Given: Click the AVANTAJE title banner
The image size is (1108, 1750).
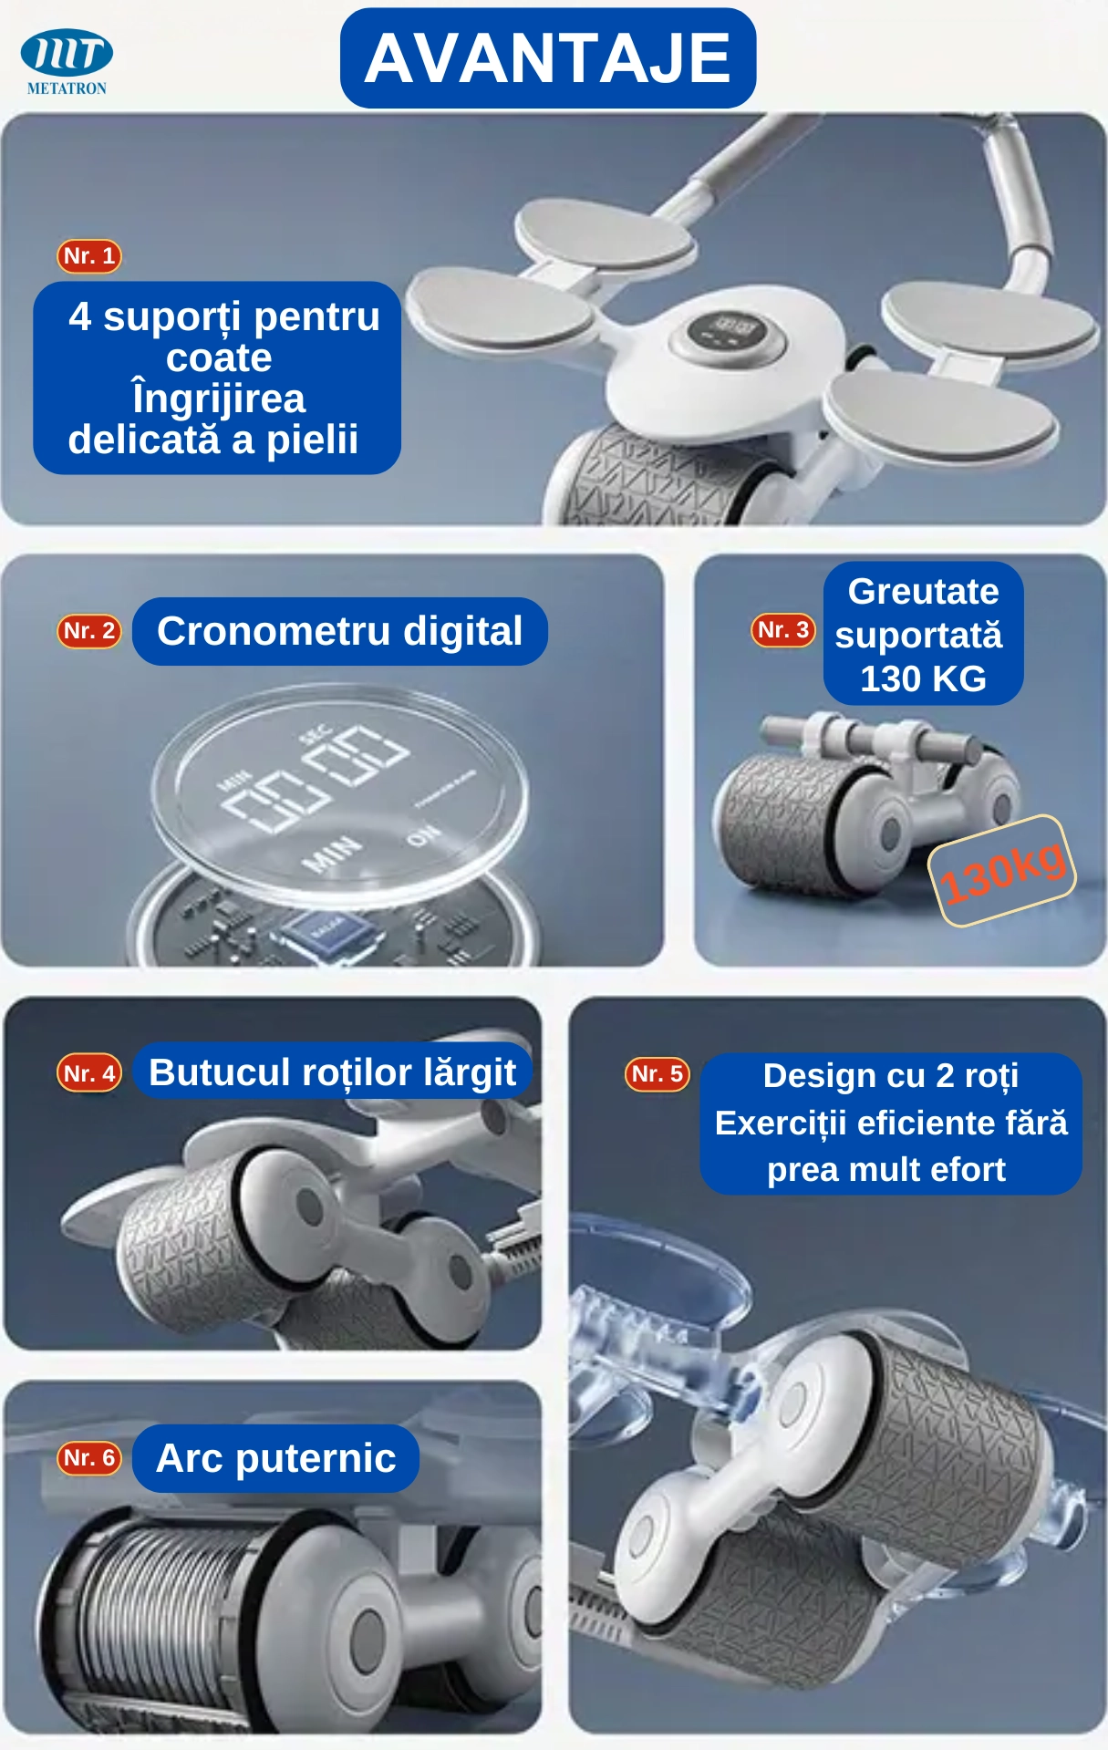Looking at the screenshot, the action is (x=548, y=58).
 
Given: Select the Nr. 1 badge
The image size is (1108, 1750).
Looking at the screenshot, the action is (x=89, y=256).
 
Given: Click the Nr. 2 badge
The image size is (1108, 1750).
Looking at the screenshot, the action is (x=89, y=630).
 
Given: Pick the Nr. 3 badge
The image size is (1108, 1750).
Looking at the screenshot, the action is (x=783, y=630).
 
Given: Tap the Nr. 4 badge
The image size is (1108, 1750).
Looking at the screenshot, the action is (x=89, y=1073).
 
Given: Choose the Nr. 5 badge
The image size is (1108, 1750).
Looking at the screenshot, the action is (x=658, y=1074).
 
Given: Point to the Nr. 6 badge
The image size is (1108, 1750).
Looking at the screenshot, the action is (x=89, y=1458).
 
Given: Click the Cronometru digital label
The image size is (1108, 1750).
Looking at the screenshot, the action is (x=340, y=631).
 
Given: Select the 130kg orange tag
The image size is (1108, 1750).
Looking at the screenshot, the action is (x=1002, y=871).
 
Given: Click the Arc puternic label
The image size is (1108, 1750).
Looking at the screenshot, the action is (x=276, y=1458).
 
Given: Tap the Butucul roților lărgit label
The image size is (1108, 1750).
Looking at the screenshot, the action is (x=333, y=1072).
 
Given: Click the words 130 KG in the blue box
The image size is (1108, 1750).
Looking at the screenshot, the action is (x=924, y=678).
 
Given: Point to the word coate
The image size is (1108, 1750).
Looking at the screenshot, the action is (x=219, y=357).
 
